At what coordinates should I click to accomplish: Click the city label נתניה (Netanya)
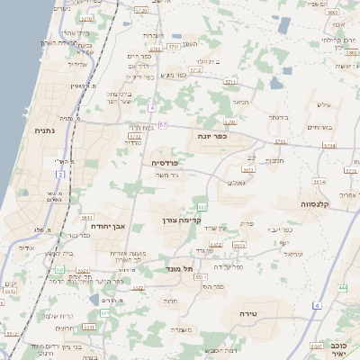(x=44, y=131)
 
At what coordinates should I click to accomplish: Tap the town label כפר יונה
(x=212, y=135)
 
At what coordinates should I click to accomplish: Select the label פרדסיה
(x=157, y=162)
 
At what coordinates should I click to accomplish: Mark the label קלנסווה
(x=318, y=204)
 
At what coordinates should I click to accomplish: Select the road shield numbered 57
(x=162, y=125)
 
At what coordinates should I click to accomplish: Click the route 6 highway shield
(x=317, y=305)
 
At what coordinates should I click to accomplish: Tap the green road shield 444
(x=342, y=288)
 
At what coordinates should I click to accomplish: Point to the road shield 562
(x=202, y=207)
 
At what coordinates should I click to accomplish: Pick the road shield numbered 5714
(x=328, y=145)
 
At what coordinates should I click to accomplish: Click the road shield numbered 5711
(x=230, y=82)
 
